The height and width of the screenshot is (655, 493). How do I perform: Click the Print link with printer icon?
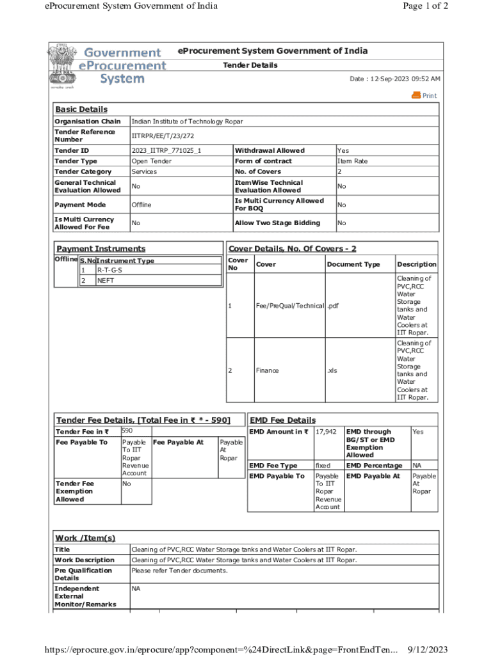pyautogui.click(x=424, y=95)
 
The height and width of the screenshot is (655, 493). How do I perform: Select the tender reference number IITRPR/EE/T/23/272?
pyautogui.click(x=163, y=136)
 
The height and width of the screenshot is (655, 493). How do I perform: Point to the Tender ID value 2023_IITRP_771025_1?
pyautogui.click(x=166, y=150)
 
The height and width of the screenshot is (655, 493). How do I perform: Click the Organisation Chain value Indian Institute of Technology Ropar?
pyautogui.click(x=187, y=122)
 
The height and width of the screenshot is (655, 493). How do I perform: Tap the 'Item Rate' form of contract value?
pyautogui.click(x=352, y=161)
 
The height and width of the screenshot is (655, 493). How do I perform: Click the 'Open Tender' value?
pyautogui.click(x=150, y=161)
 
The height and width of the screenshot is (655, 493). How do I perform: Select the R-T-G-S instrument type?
pyautogui.click(x=109, y=270)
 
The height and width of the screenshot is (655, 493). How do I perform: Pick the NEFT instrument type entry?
pyautogui.click(x=106, y=280)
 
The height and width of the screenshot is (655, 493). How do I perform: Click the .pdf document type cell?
pyautogui.click(x=332, y=306)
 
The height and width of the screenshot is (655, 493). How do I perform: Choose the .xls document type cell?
pyautogui.click(x=332, y=370)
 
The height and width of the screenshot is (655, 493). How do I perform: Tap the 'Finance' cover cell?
pyautogui.click(x=267, y=370)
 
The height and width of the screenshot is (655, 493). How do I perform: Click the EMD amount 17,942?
pyautogui.click(x=326, y=432)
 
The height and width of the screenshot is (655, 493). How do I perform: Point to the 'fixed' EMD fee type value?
pyautogui.click(x=323, y=466)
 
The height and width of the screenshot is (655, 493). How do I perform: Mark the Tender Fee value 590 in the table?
pyautogui.click(x=127, y=432)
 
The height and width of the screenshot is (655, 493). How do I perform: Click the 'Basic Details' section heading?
pyautogui.click(x=81, y=109)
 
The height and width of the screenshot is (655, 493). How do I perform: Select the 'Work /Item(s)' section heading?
pyautogui.click(x=85, y=538)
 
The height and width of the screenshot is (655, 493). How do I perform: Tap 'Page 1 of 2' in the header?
pyautogui.click(x=425, y=6)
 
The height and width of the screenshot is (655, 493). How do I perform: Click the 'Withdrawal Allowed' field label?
pyautogui.click(x=270, y=150)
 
